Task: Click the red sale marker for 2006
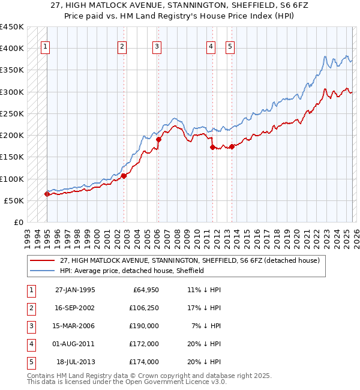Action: [x=159, y=139]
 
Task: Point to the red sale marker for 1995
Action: [x=47, y=194]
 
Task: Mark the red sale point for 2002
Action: [x=124, y=176]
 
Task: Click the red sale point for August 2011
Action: [x=212, y=146]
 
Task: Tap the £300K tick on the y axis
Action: [x=12, y=92]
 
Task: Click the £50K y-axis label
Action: [x=14, y=200]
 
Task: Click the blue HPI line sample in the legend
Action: [x=43, y=271]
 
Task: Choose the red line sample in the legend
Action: [x=43, y=260]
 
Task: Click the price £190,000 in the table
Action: [x=144, y=326]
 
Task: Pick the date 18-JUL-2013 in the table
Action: [x=76, y=362]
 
